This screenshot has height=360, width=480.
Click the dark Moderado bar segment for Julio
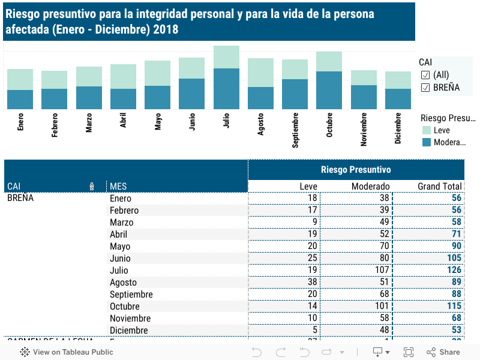pyautogui.click(x=226, y=89)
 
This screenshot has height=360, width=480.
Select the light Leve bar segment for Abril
pyautogui.click(x=123, y=76)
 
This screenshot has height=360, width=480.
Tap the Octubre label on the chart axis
pyautogui.click(x=329, y=125)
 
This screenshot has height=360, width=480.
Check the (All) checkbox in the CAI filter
pyautogui.click(x=425, y=74)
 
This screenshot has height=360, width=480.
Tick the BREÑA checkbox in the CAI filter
pyautogui.click(x=425, y=88)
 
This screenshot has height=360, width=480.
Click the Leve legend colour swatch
pyautogui.click(x=427, y=130)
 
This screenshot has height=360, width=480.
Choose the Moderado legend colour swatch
pyautogui.click(x=427, y=142)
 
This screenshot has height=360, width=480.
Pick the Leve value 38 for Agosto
pyautogui.click(x=311, y=282)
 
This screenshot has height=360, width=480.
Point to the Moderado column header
pyautogui.click(x=370, y=186)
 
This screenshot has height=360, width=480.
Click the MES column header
pyautogui.click(x=118, y=186)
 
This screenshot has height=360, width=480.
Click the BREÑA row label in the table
pyautogui.click(x=20, y=198)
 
